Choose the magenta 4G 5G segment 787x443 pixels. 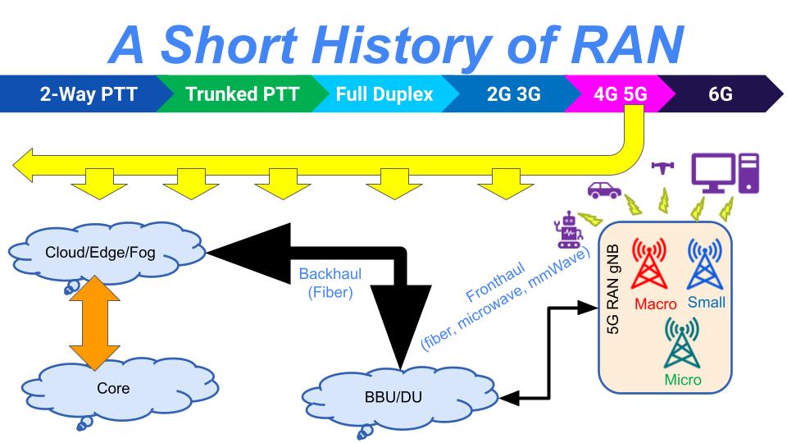pos(620,94)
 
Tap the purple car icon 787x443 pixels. pos(605,190)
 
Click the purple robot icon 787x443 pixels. pos(569,229)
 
